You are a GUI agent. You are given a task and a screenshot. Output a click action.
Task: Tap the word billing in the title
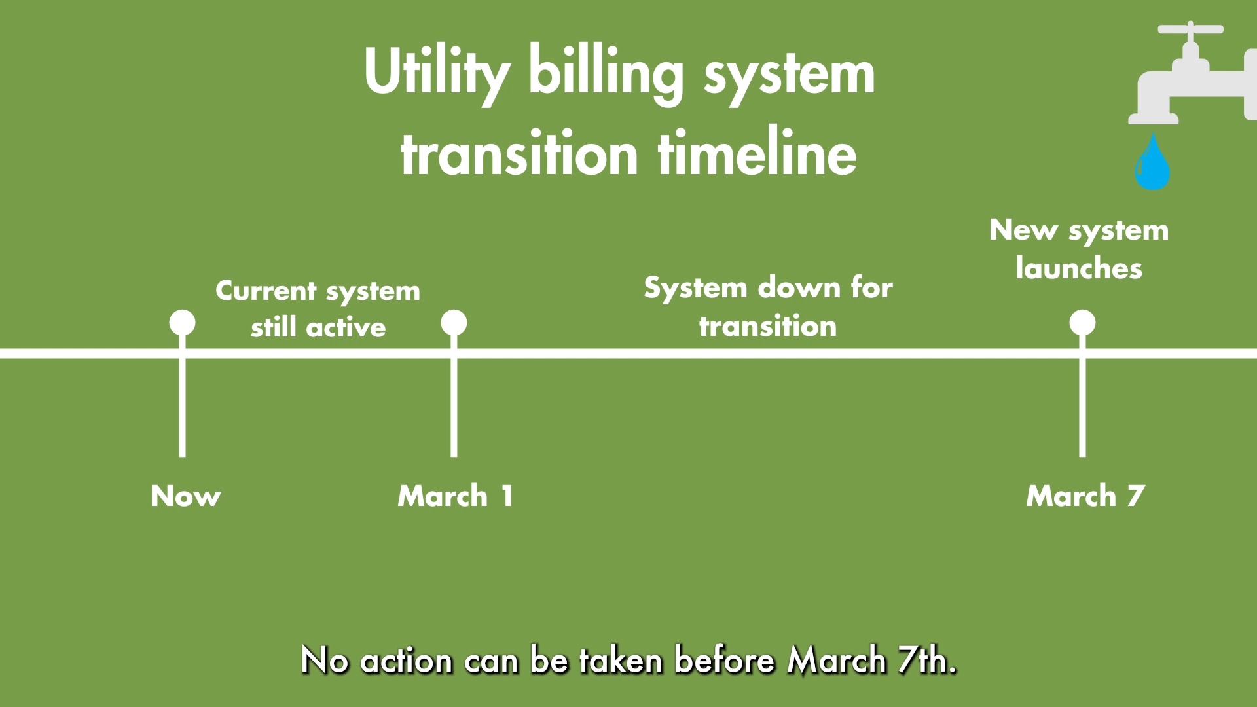tap(606, 73)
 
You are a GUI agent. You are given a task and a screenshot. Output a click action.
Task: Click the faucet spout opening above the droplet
tap(1153, 119)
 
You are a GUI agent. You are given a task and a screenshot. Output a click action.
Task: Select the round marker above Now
tap(182, 323)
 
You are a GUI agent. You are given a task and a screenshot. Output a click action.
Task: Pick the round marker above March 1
tap(454, 323)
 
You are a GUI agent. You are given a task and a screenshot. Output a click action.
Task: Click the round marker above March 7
tap(1082, 323)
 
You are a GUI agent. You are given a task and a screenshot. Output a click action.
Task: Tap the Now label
tap(186, 496)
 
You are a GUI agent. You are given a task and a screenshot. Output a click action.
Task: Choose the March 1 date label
tap(455, 496)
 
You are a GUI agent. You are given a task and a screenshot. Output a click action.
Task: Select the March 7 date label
tap(1085, 496)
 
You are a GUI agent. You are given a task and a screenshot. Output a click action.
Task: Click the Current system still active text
tap(318, 309)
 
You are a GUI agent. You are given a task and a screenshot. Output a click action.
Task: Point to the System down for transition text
tap(768, 306)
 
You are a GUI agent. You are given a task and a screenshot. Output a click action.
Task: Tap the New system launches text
tap(1079, 249)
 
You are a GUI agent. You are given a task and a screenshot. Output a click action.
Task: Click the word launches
tap(1079, 268)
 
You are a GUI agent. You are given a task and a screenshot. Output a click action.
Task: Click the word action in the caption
tap(406, 660)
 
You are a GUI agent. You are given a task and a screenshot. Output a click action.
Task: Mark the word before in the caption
tap(725, 660)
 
